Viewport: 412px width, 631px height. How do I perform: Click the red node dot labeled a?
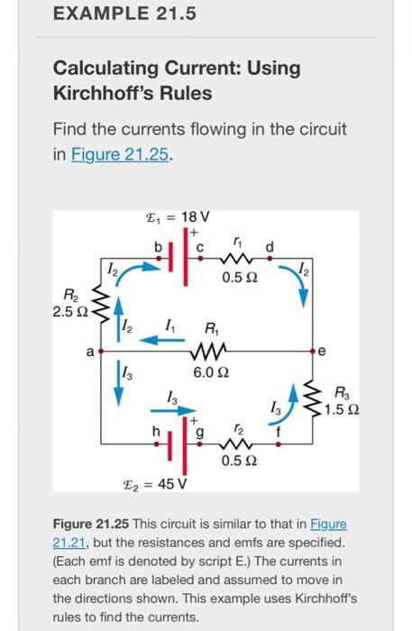(101, 350)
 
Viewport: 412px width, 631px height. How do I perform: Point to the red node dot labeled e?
(316, 350)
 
